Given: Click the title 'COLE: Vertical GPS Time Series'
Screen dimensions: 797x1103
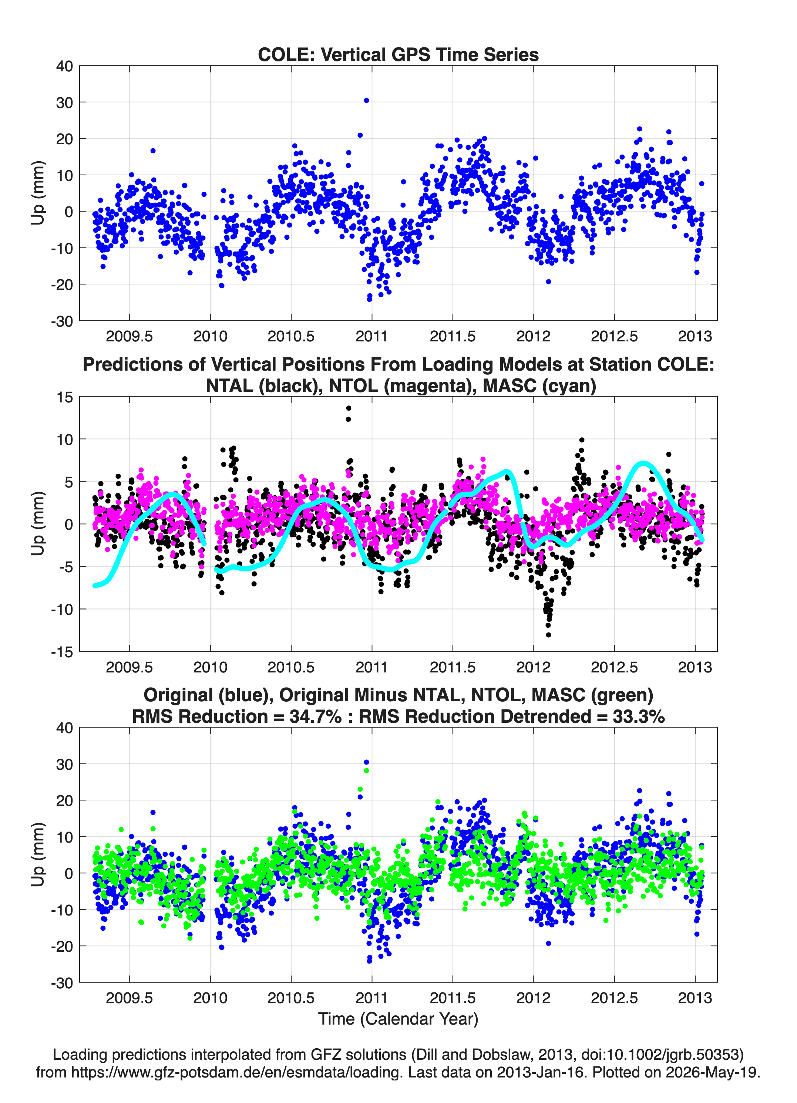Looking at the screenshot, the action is [398, 54].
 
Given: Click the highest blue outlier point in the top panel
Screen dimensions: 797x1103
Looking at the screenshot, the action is [366, 101].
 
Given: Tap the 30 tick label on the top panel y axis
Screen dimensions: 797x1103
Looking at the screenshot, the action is [64, 102].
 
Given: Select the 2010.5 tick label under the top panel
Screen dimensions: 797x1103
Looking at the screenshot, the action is [291, 336].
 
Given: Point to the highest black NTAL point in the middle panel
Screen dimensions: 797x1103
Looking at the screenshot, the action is [349, 408].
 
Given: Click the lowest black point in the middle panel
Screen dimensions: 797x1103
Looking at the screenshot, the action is [548, 635].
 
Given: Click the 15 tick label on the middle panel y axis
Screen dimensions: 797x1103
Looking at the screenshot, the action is [65, 397].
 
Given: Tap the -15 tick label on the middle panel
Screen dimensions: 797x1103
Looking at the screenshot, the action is [62, 652].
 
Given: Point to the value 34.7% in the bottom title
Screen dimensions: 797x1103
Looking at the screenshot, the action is [315, 716].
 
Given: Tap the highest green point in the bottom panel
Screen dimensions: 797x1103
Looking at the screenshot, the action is [366, 770].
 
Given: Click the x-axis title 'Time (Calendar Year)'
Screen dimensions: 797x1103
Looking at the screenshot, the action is [398, 1018].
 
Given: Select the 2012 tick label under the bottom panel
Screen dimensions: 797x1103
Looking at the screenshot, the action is [533, 998].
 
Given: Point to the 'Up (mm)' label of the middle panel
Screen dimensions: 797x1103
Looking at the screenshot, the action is [38, 524].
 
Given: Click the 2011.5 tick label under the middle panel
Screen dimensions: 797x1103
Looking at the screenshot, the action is [453, 667].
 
